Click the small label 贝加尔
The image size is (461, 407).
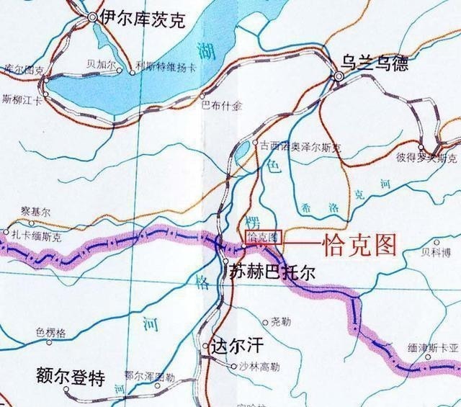(x=101, y=64)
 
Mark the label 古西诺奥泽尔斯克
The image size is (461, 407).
(x=303, y=146)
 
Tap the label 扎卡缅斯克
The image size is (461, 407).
(x=42, y=236)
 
